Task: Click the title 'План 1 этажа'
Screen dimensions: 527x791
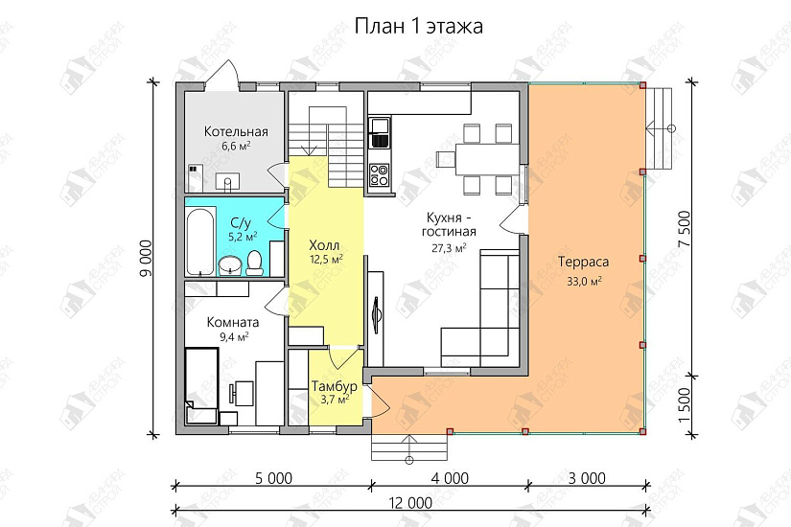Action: (x=419, y=26)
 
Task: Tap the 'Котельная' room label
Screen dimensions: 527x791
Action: (x=236, y=132)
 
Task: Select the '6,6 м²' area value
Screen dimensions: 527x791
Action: (x=236, y=147)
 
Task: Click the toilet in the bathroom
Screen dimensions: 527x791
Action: (x=255, y=261)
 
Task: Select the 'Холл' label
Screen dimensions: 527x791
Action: (x=326, y=244)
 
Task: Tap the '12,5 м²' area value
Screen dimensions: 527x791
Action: (x=326, y=259)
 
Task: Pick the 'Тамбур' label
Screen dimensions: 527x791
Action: (x=335, y=386)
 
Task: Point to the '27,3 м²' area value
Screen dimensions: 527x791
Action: (x=449, y=248)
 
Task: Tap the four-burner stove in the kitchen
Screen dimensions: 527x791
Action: (x=380, y=175)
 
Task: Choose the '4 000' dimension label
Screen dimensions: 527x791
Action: (x=450, y=477)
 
